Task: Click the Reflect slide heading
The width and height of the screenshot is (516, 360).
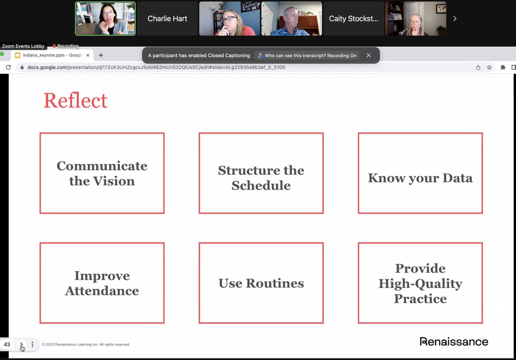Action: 75,101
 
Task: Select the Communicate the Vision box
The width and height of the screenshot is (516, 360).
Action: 102,173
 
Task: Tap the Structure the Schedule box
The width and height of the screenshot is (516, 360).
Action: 261,173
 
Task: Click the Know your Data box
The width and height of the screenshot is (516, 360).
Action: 420,173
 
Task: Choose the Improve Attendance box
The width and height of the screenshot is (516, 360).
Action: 102,283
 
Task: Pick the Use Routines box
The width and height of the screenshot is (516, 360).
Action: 261,283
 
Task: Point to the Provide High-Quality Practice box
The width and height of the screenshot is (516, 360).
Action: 420,283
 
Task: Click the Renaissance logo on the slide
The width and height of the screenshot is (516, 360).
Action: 454,342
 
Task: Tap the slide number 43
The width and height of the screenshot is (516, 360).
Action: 7,345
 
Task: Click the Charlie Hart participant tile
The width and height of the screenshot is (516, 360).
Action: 167,18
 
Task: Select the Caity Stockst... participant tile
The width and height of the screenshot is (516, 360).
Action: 353,18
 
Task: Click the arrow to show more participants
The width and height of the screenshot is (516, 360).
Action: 455,18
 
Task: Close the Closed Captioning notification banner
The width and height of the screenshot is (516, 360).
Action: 369,55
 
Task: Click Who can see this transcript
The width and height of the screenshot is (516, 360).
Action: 307,55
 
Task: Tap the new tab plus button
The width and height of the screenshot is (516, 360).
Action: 101,55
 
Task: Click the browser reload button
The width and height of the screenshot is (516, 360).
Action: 8,68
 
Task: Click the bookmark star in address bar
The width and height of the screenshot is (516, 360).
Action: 489,68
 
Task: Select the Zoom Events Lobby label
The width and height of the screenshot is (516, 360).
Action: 23,46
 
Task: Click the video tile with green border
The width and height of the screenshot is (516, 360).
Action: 105,18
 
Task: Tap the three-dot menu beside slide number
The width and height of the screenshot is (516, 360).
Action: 32,345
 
